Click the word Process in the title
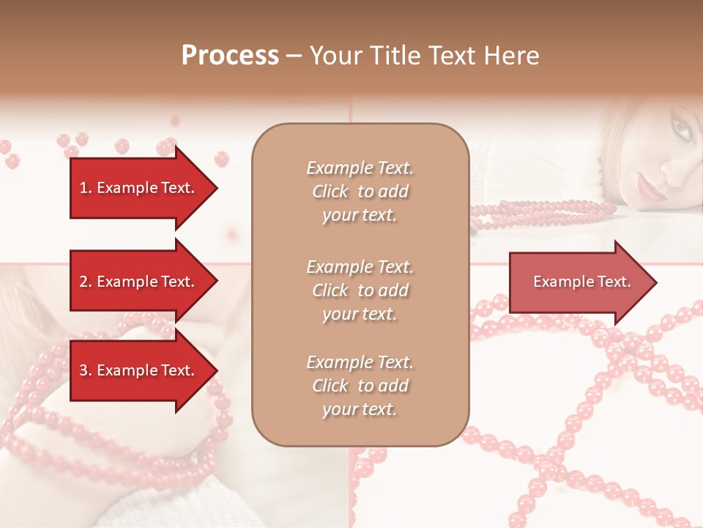pyautogui.click(x=230, y=56)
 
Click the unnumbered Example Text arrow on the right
pyautogui.click(x=579, y=282)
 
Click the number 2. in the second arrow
pyautogui.click(x=86, y=282)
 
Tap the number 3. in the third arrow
pyautogui.click(x=86, y=370)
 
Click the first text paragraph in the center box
pyautogui.click(x=360, y=191)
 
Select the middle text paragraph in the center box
pyautogui.click(x=360, y=290)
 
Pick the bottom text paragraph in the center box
pyautogui.click(x=360, y=386)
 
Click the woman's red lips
pyautogui.click(x=649, y=189)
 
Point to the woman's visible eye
pyautogui.click(x=681, y=129)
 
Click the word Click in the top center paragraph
pyautogui.click(x=330, y=191)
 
